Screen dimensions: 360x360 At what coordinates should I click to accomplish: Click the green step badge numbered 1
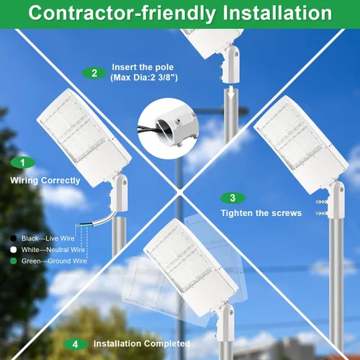[x=22, y=163]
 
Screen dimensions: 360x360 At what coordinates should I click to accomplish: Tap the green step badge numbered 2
[x=94, y=73]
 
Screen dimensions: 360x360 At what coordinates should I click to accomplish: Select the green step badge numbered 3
[x=233, y=198]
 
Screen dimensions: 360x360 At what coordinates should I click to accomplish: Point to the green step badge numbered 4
[x=75, y=344]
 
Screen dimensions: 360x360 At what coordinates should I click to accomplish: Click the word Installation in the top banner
[x=277, y=13]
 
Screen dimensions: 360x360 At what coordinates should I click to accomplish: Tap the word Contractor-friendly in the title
[x=122, y=14]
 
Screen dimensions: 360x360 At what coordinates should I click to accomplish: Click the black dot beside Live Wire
[x=14, y=238]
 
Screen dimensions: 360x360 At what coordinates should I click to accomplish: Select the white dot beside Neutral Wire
[x=14, y=250]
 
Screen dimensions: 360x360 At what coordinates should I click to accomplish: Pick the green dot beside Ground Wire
[x=14, y=261]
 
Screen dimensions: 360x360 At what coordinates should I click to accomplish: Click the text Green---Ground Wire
[x=54, y=261]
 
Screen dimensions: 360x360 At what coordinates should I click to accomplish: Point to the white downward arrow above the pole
[x=231, y=92]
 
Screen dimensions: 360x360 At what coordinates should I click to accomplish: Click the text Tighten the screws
[x=261, y=213]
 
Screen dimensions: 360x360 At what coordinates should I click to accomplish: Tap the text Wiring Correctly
[x=45, y=181]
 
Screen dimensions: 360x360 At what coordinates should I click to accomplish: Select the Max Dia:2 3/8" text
[x=144, y=78]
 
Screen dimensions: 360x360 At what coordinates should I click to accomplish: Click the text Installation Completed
[x=142, y=343]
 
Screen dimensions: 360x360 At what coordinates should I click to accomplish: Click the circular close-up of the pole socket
[x=168, y=128]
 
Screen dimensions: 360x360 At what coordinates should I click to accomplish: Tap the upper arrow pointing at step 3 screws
[x=321, y=202]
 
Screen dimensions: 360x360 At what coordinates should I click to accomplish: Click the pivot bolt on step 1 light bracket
[x=125, y=183]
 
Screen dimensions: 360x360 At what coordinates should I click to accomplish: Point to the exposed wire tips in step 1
[x=81, y=225]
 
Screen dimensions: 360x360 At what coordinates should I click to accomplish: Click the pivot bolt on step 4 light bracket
[x=231, y=312]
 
